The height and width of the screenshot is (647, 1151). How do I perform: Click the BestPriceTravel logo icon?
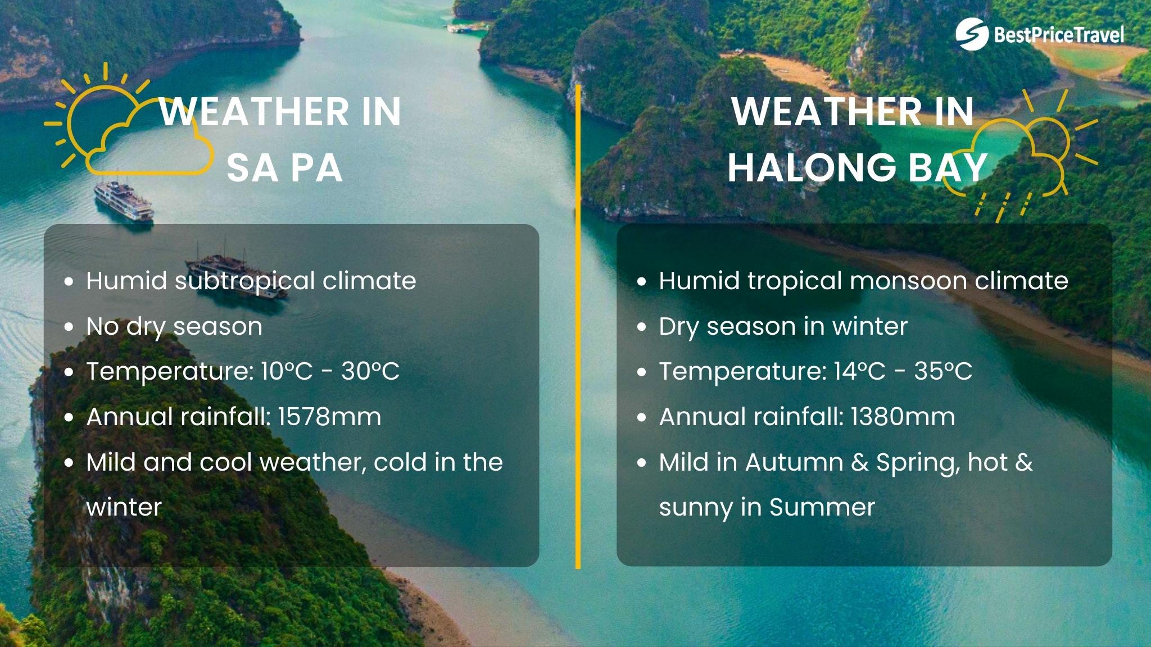coord(972,34)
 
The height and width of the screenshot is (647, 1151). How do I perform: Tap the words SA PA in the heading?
coord(284,168)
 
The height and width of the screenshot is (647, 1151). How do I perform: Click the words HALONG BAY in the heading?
coord(857,168)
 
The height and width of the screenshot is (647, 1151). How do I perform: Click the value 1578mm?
coord(329,417)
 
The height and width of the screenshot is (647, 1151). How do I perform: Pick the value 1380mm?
coord(903,417)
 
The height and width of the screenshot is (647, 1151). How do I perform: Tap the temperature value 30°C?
coord(370,371)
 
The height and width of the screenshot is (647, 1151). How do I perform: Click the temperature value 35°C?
coord(943,371)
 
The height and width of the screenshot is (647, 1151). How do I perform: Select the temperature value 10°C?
coord(287,371)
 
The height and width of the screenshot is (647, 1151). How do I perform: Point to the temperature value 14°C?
coord(860,371)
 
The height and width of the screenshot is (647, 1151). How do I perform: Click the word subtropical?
coord(244,281)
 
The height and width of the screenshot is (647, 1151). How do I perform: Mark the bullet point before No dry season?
coord(69,327)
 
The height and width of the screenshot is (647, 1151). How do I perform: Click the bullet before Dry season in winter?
coord(642,327)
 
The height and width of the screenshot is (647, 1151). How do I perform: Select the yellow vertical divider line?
coord(578,326)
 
